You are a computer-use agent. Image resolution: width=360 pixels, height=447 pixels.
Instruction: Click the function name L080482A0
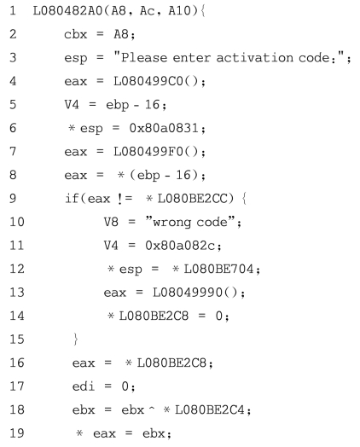point(67,11)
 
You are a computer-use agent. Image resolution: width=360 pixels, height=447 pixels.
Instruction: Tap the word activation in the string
point(254,58)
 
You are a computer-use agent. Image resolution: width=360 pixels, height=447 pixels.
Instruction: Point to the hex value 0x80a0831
point(164,128)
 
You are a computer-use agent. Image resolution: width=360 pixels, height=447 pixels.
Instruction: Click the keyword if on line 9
point(72,198)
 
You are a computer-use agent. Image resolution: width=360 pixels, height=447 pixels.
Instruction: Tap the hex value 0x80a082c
point(180,245)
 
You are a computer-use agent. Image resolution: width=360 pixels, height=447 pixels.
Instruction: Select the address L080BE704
point(218,269)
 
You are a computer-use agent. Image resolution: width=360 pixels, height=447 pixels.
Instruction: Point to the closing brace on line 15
point(76,339)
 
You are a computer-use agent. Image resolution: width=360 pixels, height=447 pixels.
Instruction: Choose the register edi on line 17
point(84,386)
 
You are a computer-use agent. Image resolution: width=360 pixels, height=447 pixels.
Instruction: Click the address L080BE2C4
point(210,409)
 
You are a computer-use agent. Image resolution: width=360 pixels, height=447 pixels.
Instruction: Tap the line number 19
point(17,433)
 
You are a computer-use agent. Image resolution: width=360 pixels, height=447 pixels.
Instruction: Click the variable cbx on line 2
point(75,34)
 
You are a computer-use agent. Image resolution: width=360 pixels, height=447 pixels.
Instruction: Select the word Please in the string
point(144,58)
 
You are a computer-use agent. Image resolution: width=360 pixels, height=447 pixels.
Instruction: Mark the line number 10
point(17,222)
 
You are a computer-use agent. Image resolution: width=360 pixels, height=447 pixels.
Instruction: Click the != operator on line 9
point(125,198)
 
